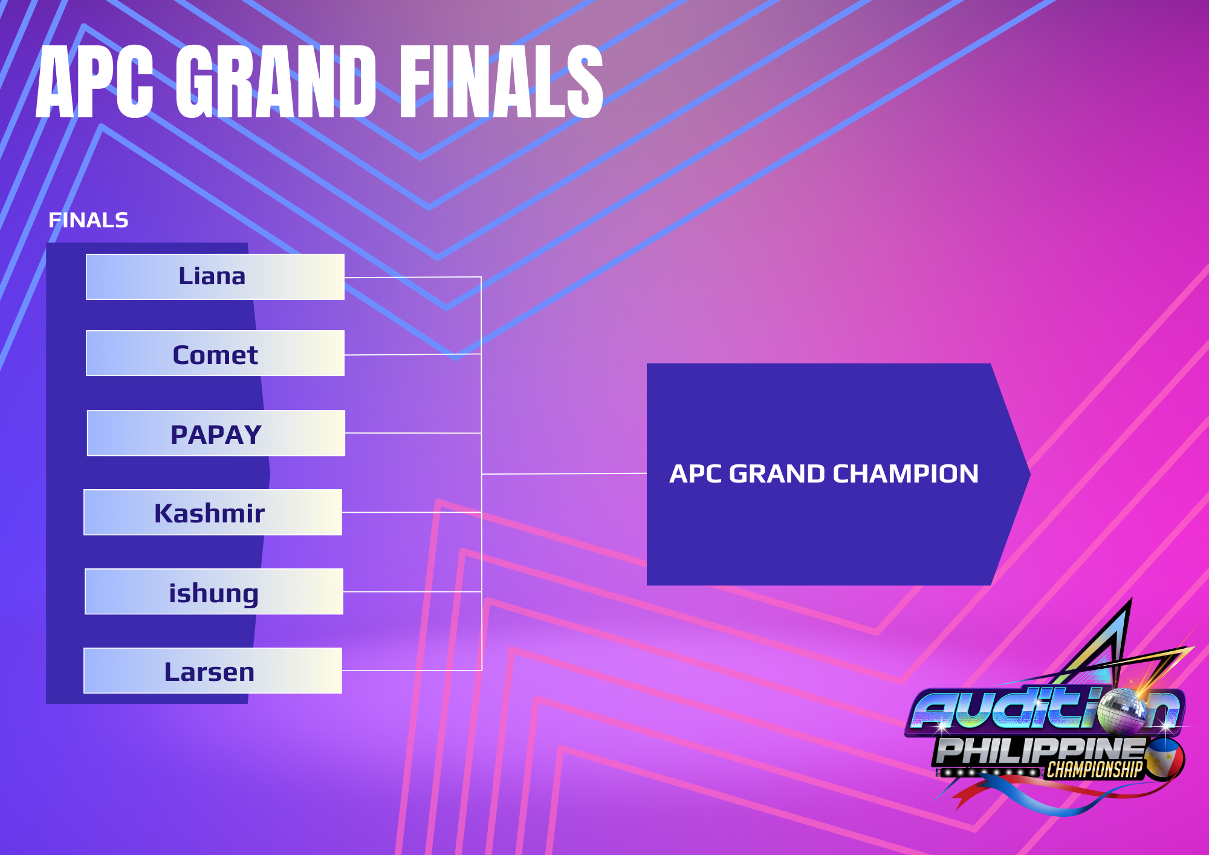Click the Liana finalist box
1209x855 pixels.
click(215, 277)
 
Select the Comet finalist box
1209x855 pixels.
click(215, 353)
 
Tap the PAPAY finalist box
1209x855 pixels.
click(216, 433)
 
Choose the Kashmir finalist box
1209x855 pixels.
click(213, 512)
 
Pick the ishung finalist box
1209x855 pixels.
click(214, 591)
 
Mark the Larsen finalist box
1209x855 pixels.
click(213, 671)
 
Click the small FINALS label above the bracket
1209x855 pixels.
click(88, 220)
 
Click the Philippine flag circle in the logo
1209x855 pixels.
click(1164, 759)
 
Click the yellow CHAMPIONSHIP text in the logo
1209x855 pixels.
click(1095, 770)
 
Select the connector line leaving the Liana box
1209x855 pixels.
click(413, 278)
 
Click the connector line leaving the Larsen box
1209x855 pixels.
click(412, 671)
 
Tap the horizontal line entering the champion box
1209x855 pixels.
click(564, 473)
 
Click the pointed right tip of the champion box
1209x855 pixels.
click(1029, 474)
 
